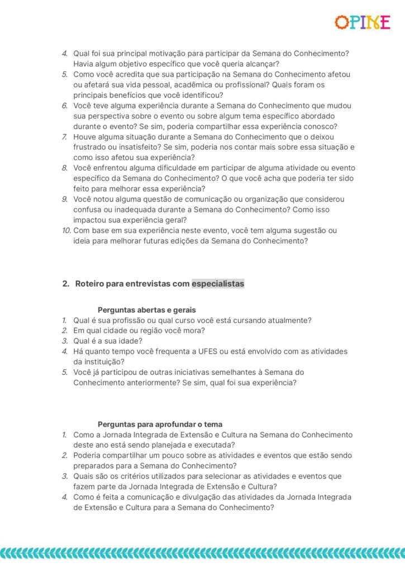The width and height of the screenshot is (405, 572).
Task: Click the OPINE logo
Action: pyautogui.click(x=362, y=22)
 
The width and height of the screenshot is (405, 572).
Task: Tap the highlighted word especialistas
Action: pyautogui.click(x=218, y=284)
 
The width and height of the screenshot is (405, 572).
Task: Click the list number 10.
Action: pyautogui.click(x=66, y=231)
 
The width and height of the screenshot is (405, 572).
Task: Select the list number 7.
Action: pyautogui.click(x=65, y=137)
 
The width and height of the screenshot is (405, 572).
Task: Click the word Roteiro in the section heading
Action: pyautogui.click(x=89, y=284)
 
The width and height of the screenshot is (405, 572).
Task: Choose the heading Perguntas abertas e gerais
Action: pyautogui.click(x=146, y=309)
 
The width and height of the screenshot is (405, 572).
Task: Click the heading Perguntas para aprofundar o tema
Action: pyautogui.click(x=160, y=425)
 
